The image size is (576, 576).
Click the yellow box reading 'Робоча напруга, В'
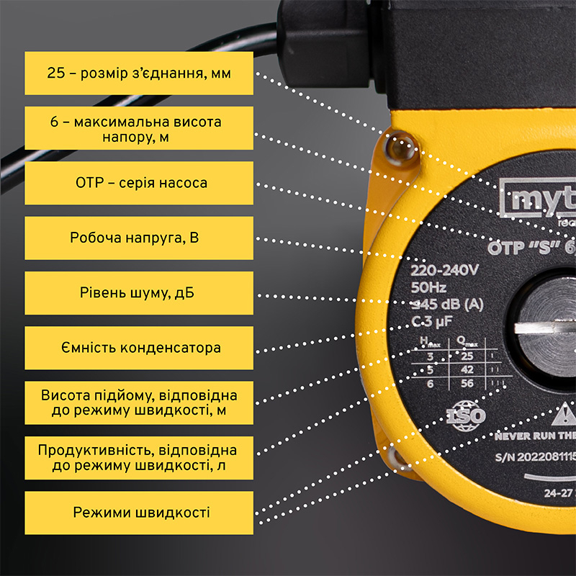pos(139,238)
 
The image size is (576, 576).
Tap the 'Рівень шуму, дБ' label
pos(139,293)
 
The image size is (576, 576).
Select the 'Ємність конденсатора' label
pos(139,348)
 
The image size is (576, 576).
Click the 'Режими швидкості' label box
pos(139,513)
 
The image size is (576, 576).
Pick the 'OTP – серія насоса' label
pos(139,183)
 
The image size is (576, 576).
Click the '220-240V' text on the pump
pos(444,272)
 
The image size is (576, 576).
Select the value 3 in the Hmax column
pos(431,356)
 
